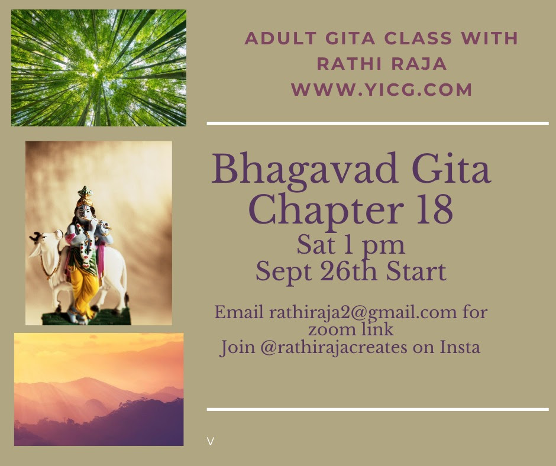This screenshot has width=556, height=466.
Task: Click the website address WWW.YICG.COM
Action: click(x=382, y=89)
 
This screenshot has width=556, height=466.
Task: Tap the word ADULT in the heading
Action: click(x=280, y=38)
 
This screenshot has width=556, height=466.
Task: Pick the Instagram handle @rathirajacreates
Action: click(x=334, y=347)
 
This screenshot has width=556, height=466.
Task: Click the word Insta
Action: click(x=460, y=347)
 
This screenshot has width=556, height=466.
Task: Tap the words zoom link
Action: click(x=351, y=329)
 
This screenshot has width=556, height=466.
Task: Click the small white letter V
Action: click(x=210, y=442)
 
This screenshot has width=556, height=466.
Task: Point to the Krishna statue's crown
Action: click(x=85, y=196)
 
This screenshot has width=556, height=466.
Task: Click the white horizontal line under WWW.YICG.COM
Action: click(x=377, y=124)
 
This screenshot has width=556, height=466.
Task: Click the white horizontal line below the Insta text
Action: click(x=377, y=409)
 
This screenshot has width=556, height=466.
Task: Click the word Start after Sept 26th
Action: click(x=416, y=271)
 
